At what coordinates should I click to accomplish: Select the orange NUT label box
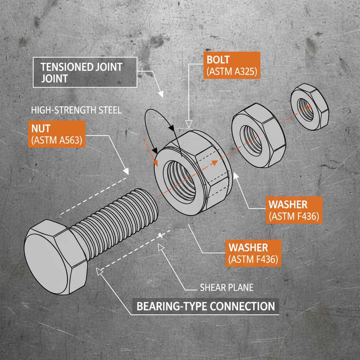(x=56, y=134)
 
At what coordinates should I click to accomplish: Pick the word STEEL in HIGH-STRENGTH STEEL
(x=107, y=110)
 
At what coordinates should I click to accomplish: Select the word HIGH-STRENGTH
(x=62, y=110)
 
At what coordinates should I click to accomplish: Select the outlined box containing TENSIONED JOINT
(x=85, y=72)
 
